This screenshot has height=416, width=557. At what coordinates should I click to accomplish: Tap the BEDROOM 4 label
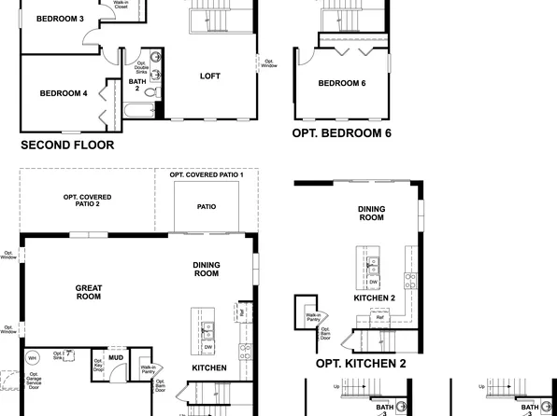pos(64,93)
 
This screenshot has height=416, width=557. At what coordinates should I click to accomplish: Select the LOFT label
pos(209,76)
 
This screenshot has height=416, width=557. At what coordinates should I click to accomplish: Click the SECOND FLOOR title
pos(67,145)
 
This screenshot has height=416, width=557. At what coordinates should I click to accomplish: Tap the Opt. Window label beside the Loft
pos(268,62)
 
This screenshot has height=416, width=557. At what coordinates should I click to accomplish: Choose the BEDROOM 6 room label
pos(342,84)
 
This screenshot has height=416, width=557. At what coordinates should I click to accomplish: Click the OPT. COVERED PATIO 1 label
pos(207,174)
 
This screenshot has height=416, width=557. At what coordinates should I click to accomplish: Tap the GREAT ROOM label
pos(88,292)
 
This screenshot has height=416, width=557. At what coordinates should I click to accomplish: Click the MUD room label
pos(116,356)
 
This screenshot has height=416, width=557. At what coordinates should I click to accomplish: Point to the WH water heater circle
pos(32,357)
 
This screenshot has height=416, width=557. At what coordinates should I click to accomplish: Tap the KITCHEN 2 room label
pos(374,298)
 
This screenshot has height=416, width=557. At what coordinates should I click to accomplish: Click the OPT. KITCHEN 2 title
pos(361,364)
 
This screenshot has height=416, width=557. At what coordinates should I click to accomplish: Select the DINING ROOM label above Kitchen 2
pos(371,214)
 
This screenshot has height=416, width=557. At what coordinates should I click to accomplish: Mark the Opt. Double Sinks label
pos(141,66)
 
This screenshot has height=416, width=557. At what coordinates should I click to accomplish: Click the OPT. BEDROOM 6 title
pos(341,133)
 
